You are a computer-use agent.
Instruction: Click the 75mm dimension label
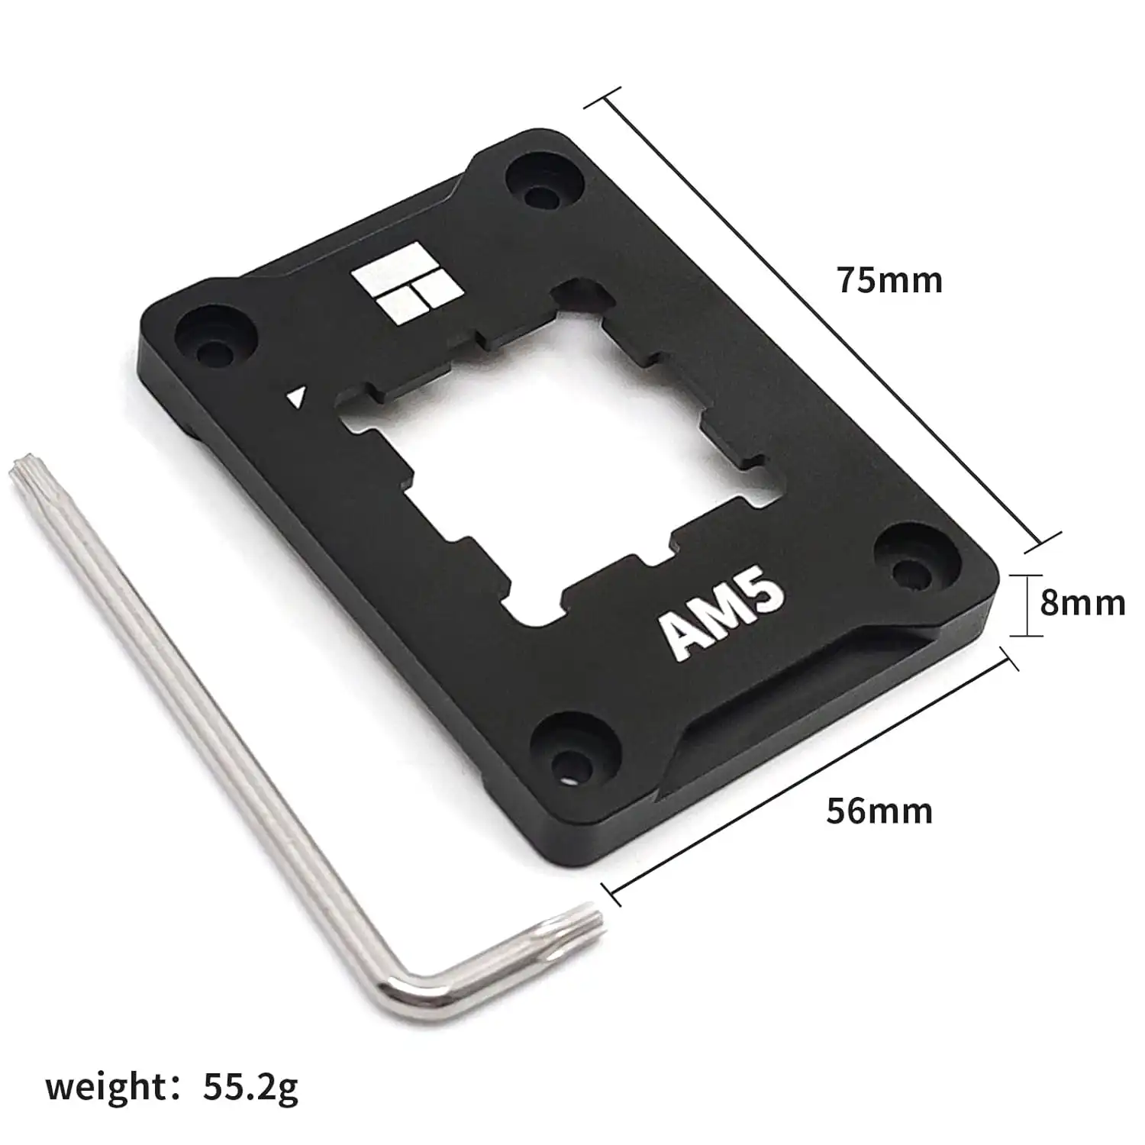coord(889,280)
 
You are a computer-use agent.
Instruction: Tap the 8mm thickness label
coord(1082,603)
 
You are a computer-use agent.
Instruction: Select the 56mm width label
coord(879,810)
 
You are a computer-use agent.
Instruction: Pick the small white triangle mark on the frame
coord(297,398)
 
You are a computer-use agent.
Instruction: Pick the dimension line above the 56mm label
coord(809,771)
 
